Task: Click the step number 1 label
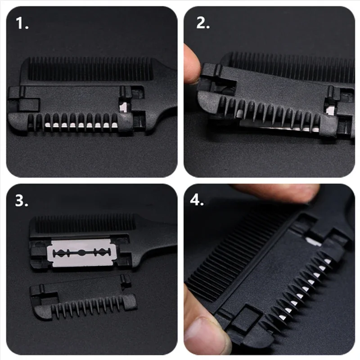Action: pos(22,23)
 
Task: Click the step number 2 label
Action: pos(203,23)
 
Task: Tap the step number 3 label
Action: pos(22,201)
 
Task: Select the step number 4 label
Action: pos(197,200)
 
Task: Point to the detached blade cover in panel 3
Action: pos(83,297)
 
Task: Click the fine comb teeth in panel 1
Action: pos(90,69)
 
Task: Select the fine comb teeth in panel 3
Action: pos(85,224)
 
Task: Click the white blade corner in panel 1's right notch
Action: pos(123,107)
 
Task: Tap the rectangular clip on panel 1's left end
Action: pos(28,104)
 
